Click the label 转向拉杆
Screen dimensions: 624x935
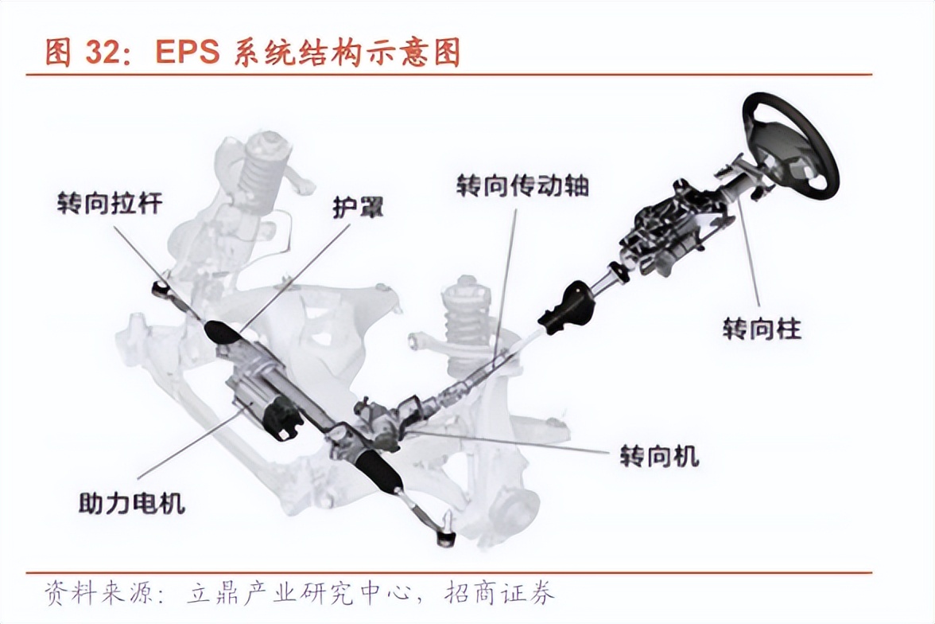coord(110,203)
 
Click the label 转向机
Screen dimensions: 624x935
coord(659,455)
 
